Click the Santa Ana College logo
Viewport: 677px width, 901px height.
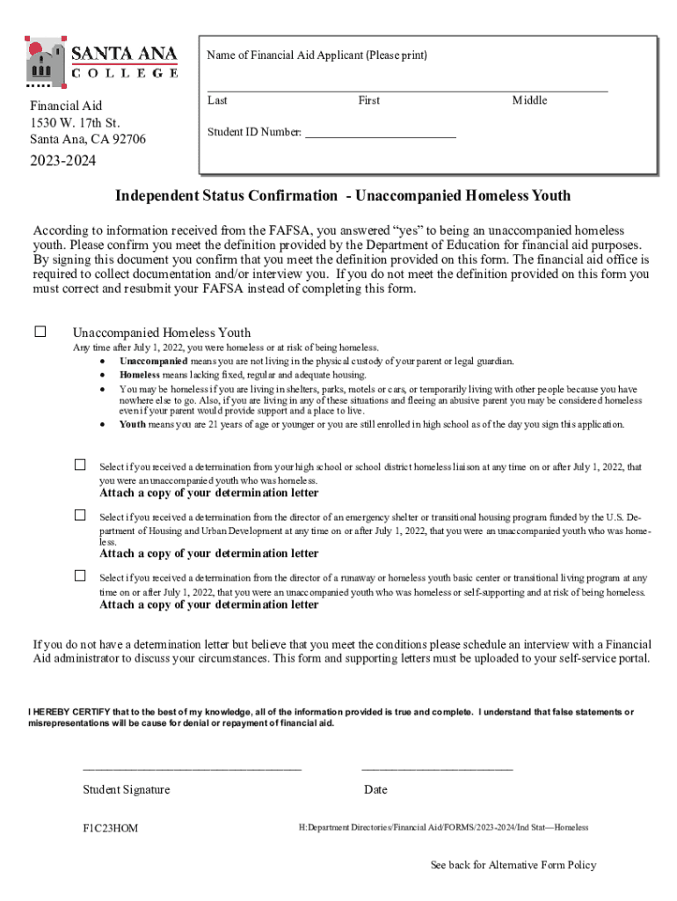(102, 62)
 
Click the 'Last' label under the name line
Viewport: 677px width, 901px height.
(217, 100)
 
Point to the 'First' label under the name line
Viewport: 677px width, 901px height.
(369, 100)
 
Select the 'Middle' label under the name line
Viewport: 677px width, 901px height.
(529, 100)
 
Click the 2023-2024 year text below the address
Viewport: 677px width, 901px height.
(62, 161)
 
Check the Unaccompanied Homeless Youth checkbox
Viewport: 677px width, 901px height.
(40, 332)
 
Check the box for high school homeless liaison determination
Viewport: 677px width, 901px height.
(80, 465)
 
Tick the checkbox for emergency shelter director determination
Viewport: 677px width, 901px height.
(80, 515)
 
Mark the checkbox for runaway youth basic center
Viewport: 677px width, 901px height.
(80, 575)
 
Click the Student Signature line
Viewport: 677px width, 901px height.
(192, 768)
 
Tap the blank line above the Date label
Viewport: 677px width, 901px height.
(437, 768)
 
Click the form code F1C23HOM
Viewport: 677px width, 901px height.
(111, 828)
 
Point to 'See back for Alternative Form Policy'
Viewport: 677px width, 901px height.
(513, 865)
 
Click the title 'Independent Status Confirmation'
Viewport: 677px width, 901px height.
(226, 195)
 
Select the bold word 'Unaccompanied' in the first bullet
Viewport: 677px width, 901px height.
(153, 361)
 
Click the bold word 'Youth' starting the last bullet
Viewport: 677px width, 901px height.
(133, 424)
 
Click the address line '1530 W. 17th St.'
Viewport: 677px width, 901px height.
(75, 122)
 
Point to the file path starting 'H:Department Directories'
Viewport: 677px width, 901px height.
(443, 828)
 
